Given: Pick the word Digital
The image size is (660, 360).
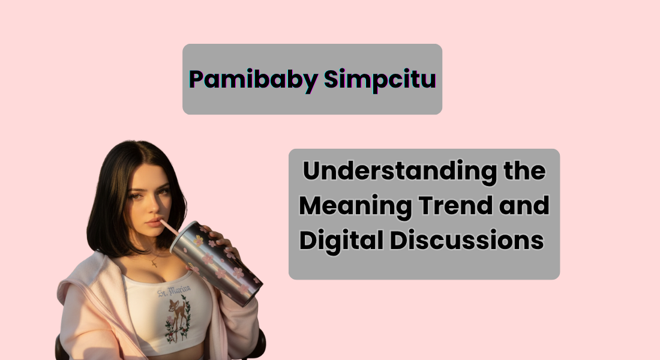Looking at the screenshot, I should (x=340, y=241).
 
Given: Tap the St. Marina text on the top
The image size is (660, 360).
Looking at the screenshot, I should (x=174, y=292).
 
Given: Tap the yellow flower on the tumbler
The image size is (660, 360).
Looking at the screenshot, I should (x=198, y=240).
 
